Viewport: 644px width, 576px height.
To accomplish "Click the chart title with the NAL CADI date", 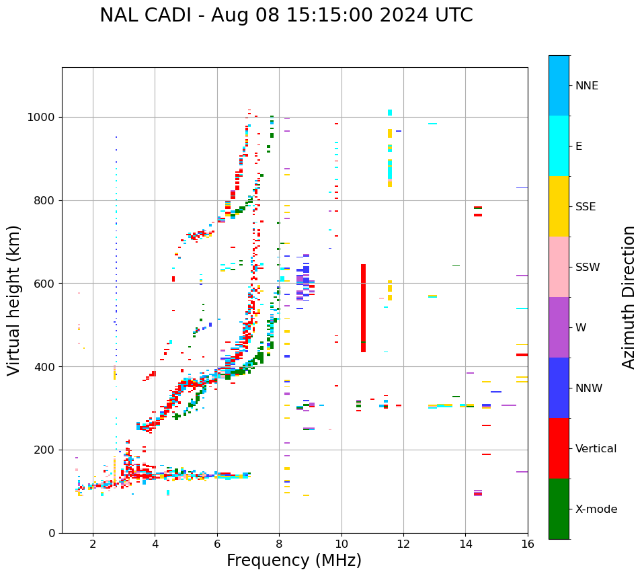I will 286,15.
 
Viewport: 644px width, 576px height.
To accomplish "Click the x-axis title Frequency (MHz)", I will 294,561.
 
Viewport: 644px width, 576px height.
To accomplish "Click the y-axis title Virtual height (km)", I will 14,300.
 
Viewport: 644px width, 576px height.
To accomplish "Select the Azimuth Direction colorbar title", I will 629,297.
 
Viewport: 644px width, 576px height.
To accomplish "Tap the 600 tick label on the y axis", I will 46,284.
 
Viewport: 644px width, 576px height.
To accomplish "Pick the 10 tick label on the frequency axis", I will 341,544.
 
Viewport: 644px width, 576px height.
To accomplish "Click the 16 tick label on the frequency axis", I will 528,544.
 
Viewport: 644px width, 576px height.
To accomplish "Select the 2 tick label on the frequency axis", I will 93,544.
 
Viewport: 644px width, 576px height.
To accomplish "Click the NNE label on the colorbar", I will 586,86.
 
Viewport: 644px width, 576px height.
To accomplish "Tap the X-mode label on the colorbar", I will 596,509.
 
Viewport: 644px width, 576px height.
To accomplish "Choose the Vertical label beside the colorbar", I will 596,449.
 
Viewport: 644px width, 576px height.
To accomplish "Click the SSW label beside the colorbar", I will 588,268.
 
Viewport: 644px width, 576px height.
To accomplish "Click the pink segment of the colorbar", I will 559,267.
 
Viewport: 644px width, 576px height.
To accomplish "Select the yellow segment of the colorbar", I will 559,206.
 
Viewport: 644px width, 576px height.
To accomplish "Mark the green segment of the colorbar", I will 559,509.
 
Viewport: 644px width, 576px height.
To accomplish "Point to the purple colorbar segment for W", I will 559,327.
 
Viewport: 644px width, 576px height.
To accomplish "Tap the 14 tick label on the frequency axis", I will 466,544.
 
